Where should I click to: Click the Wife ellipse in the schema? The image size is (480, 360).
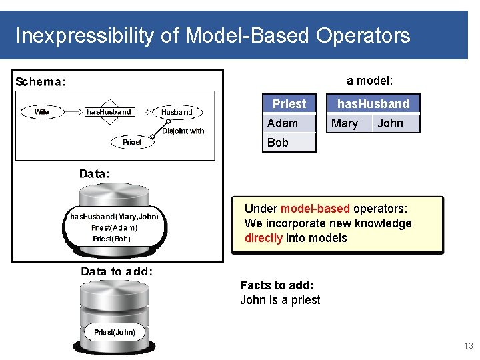[x=42, y=112]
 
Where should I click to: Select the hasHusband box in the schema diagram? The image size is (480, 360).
[x=109, y=112]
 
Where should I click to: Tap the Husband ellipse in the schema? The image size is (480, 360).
[x=177, y=113]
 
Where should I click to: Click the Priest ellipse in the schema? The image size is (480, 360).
[x=132, y=142]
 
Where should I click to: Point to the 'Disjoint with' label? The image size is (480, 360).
[x=183, y=131]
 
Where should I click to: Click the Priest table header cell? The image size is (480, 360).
[x=289, y=103]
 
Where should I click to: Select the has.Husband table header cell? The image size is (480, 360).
[x=373, y=103]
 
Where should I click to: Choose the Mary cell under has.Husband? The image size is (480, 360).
[x=344, y=123]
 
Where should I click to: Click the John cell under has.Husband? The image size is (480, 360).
[x=390, y=123]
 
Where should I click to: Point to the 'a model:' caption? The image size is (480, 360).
[x=369, y=81]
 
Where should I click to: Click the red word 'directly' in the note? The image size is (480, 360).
[x=263, y=238]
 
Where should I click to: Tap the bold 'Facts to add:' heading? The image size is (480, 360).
[x=277, y=285]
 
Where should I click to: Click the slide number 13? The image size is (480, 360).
[x=468, y=346]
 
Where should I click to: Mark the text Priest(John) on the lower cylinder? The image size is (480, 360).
[x=115, y=332]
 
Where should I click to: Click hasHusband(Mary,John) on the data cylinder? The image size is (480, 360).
[x=114, y=217]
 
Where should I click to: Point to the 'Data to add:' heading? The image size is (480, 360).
[x=117, y=271]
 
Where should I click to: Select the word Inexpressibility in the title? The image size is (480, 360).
[x=84, y=35]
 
